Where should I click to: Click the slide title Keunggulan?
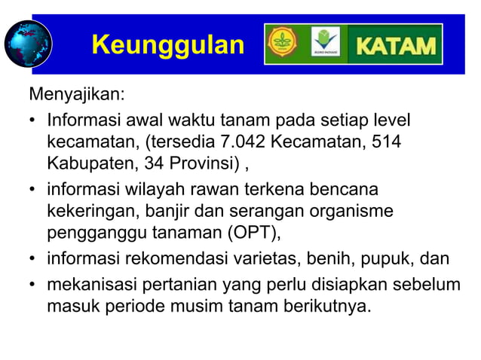coord(167,45)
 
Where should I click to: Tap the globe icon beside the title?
coord(28,43)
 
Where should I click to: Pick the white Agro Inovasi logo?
coord(326,44)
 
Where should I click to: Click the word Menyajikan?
coord(77,96)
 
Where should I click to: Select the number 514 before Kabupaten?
coord(387,142)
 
